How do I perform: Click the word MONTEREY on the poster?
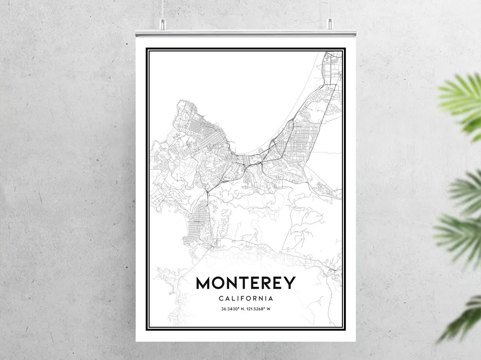[x=246, y=283]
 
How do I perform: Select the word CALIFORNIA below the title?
[x=246, y=298]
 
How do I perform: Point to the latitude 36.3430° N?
[x=233, y=309]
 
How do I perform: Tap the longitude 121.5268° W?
[x=258, y=309]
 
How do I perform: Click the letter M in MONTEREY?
[x=204, y=283]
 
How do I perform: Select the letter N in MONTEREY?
[x=235, y=283]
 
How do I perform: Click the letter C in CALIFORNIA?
[x=221, y=298]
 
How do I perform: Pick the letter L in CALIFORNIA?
[x=233, y=298]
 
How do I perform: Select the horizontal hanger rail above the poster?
[x=246, y=33]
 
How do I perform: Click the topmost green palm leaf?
[x=462, y=101]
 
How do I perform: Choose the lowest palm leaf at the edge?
[x=464, y=320]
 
